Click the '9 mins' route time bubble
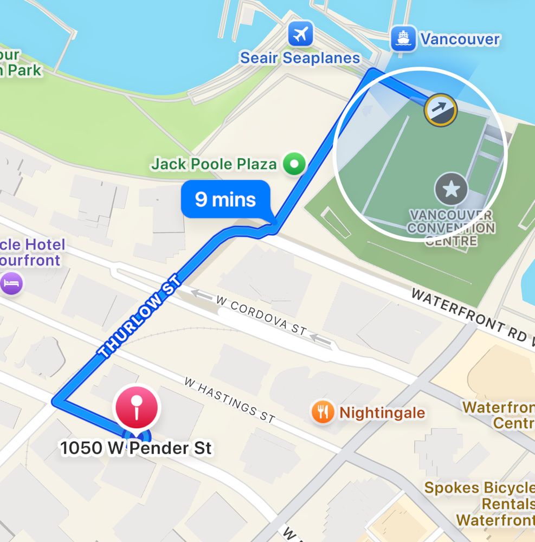pyautogui.click(x=225, y=199)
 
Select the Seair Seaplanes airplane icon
pyautogui.click(x=301, y=35)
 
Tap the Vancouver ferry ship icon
pyautogui.click(x=403, y=38)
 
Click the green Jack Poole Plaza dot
pyautogui.click(x=295, y=164)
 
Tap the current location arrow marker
pyautogui.click(x=440, y=110)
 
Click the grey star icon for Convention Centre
pyautogui.click(x=451, y=189)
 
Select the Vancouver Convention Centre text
pyautogui.click(x=451, y=228)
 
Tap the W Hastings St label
pyautogui.click(x=229, y=399)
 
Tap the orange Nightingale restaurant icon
pyautogui.click(x=323, y=413)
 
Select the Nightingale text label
pyautogui.click(x=382, y=413)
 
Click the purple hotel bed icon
pyautogui.click(x=12, y=283)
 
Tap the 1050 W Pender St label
pyautogui.click(x=136, y=449)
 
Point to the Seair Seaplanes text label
pyautogui.click(x=300, y=58)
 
